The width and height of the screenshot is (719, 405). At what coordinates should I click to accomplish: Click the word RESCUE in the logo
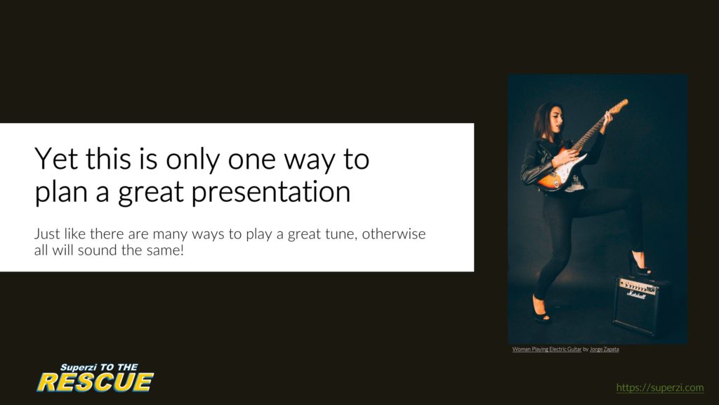click(95, 382)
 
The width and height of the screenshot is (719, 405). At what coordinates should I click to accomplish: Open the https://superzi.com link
click(660, 387)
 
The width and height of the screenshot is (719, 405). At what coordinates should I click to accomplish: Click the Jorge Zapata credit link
click(604, 349)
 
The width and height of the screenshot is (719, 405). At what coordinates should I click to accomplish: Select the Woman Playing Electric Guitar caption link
click(546, 349)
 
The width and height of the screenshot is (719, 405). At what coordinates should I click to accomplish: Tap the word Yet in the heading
click(56, 159)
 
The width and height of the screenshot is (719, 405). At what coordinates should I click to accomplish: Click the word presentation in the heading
click(270, 193)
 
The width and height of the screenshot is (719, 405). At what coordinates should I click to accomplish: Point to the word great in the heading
click(151, 193)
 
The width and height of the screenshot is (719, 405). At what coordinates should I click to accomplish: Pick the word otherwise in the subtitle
click(394, 233)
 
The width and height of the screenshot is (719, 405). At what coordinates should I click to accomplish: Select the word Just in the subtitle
click(47, 233)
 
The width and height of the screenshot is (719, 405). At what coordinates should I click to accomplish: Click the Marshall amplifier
click(640, 304)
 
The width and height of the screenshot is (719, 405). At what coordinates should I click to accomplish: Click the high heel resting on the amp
click(639, 264)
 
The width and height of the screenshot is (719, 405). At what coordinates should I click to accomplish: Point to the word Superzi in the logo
click(79, 367)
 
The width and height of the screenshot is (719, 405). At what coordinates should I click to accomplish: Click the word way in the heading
click(310, 161)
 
